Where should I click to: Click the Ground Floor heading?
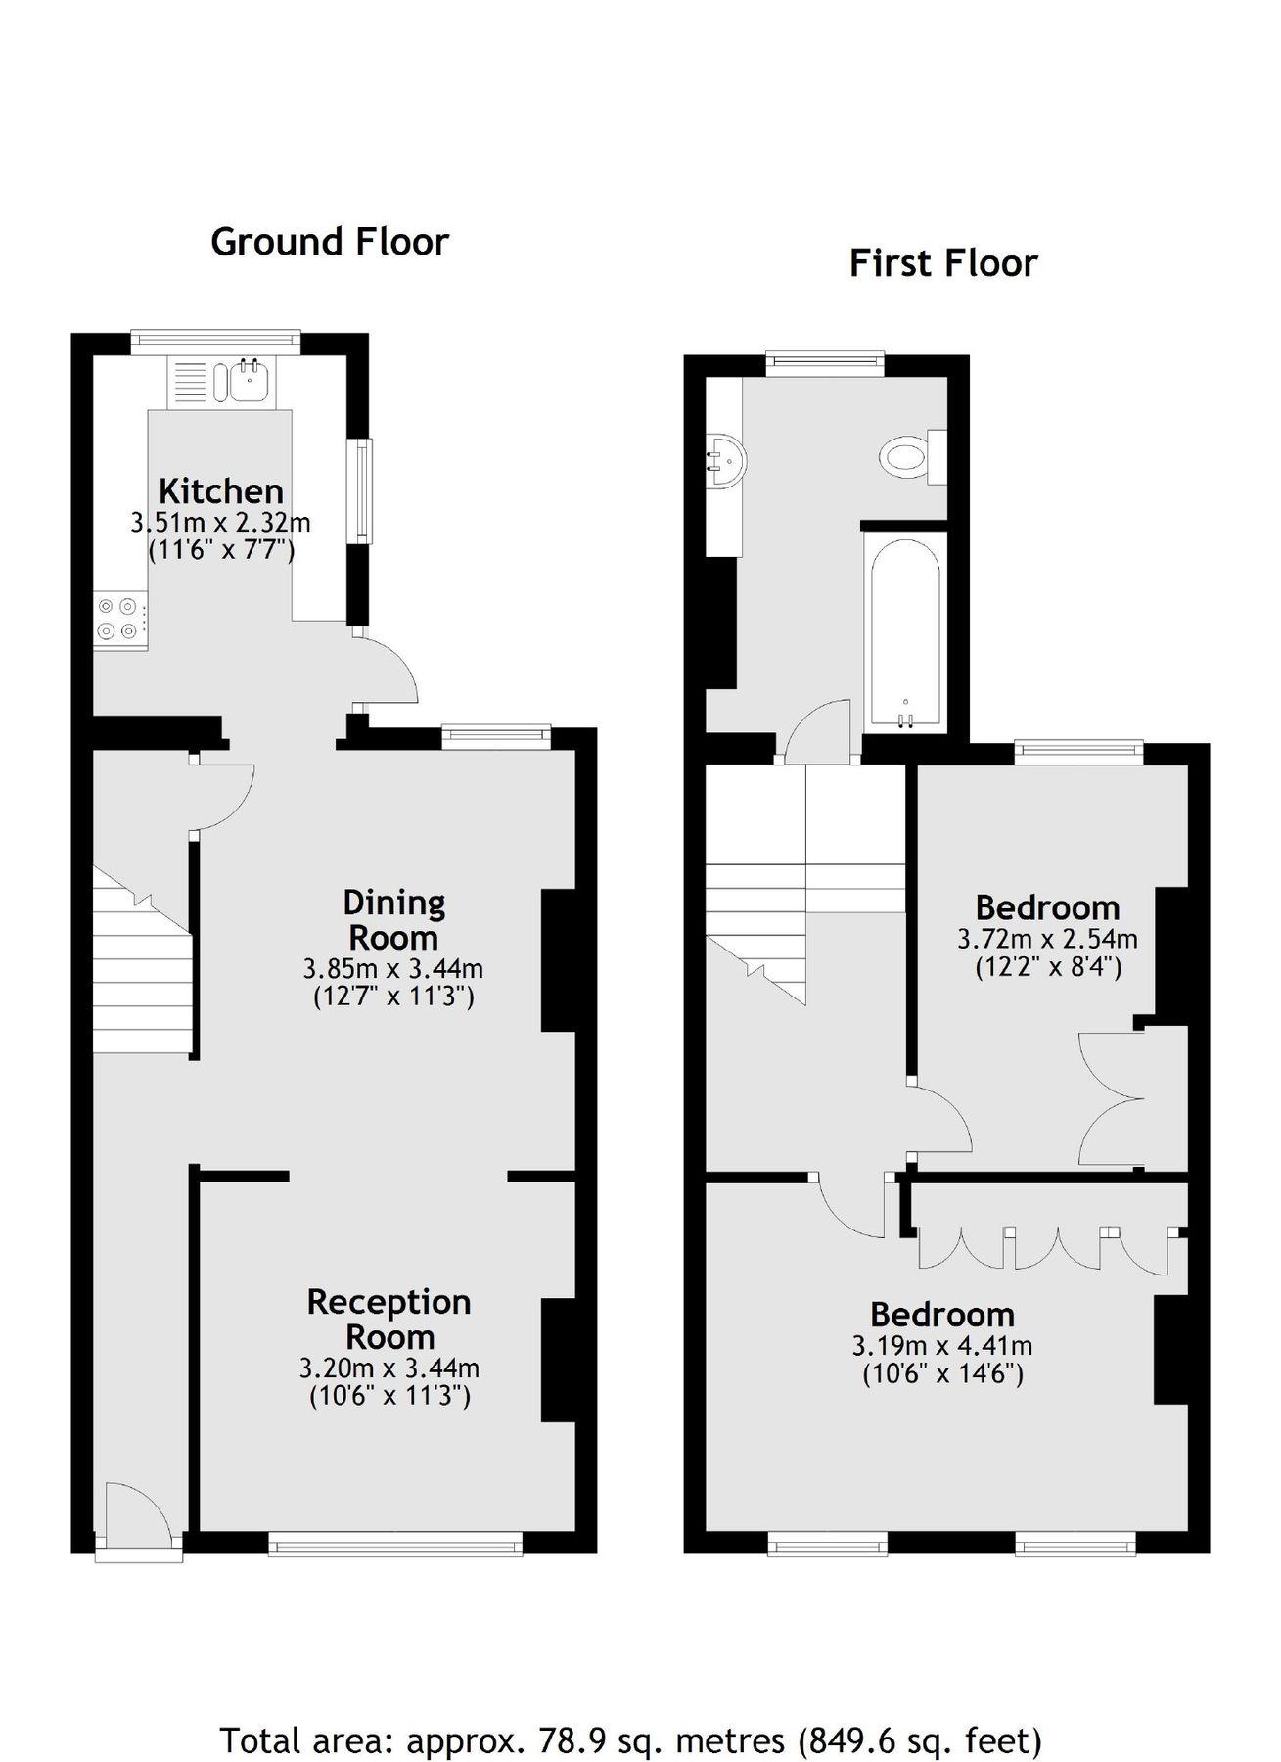coord(329,242)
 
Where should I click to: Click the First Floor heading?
coord(942,263)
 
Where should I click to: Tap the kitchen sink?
coord(251,381)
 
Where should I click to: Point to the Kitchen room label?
coord(221,490)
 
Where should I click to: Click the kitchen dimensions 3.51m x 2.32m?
coord(220,523)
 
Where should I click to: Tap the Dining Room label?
coord(393,919)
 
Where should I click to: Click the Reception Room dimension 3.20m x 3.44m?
coord(389,1368)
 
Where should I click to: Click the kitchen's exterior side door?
coord(387,669)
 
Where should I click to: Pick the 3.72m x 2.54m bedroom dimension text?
coord(1047,940)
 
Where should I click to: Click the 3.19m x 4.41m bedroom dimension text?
coord(942,1346)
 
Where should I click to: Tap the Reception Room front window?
coord(395,1546)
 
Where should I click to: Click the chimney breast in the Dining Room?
coord(558,960)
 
